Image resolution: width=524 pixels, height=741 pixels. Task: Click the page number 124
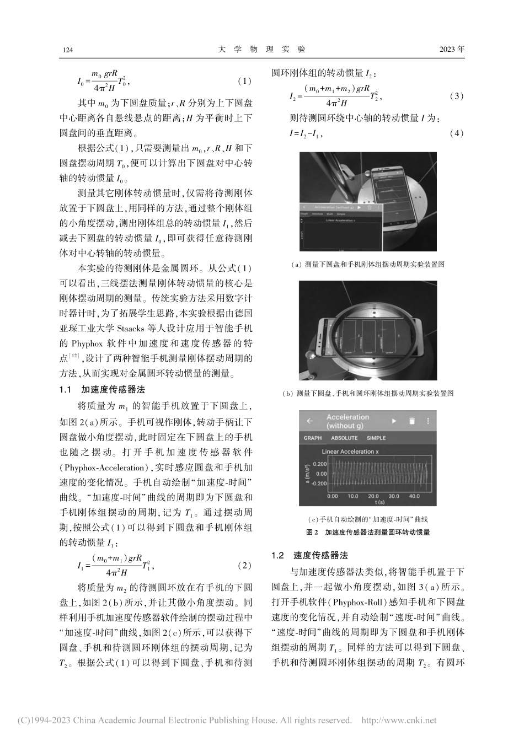point(68,50)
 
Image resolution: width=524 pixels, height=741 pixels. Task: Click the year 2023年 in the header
point(452,50)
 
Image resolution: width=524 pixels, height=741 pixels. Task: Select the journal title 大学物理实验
point(262,50)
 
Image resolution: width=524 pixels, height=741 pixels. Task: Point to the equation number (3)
point(457,96)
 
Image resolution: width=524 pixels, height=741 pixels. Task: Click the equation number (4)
point(457,133)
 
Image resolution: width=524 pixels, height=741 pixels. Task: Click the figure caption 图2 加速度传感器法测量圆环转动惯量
point(367,533)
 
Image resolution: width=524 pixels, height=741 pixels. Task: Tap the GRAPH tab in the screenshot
point(313,438)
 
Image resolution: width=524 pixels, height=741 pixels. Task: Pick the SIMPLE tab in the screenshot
point(376,438)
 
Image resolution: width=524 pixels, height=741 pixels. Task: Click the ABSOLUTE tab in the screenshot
point(344,438)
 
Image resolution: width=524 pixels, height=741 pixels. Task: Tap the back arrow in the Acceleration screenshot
point(310,421)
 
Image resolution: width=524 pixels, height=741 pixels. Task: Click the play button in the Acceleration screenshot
point(394,421)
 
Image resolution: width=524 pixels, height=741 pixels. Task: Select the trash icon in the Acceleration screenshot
point(411,421)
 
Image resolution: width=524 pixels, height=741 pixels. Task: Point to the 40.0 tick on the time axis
point(414,496)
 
